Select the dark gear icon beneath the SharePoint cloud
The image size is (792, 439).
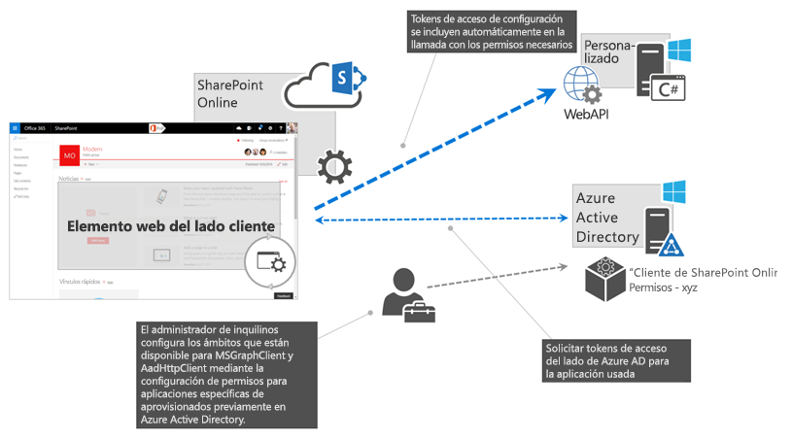tap(334, 167)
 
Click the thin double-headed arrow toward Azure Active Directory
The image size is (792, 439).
tap(442, 220)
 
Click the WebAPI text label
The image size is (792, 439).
tap(586, 114)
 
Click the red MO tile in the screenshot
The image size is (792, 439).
tap(69, 154)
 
